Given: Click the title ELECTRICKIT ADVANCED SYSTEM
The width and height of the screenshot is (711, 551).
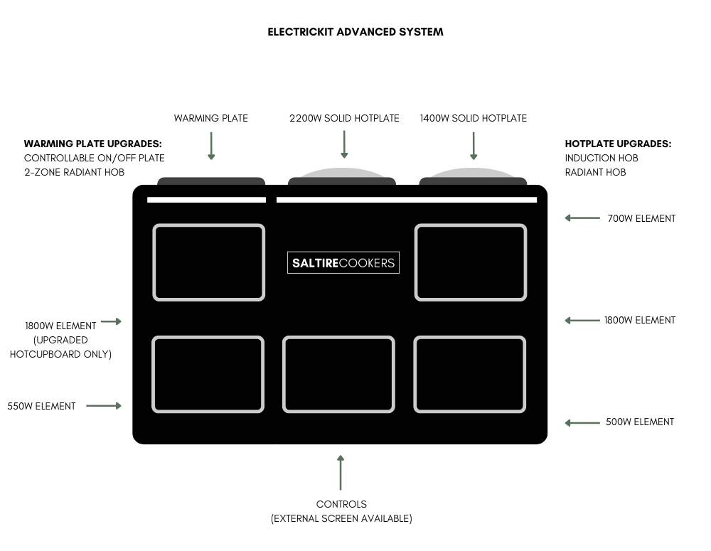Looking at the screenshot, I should (x=355, y=32).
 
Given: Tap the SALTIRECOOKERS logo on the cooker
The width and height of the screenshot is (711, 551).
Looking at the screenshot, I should (x=343, y=262).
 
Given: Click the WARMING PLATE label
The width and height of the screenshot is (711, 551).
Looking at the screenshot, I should (x=211, y=118).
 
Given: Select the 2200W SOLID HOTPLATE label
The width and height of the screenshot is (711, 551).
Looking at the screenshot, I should (x=344, y=118).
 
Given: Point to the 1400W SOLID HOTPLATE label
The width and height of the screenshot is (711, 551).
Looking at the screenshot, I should (x=474, y=118).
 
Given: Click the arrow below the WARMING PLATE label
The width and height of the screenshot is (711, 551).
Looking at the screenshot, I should (x=211, y=146).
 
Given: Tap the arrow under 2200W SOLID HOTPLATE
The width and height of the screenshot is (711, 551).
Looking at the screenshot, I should (x=344, y=144).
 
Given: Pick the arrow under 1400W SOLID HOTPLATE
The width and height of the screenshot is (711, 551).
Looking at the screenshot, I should (x=474, y=146).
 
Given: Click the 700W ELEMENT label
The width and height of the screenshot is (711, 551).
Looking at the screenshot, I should (x=641, y=218).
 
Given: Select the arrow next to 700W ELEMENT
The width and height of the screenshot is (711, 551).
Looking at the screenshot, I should (x=582, y=218).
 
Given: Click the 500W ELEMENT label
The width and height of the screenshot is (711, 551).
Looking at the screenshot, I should (x=640, y=422).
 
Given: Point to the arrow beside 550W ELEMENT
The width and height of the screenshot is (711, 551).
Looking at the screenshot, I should (x=104, y=406).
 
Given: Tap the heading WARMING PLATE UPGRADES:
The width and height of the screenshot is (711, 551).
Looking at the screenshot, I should (x=93, y=144).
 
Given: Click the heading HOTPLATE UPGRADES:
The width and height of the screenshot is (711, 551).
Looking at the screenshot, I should (x=618, y=144).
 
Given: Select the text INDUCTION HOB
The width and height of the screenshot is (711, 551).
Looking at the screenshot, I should (x=602, y=158).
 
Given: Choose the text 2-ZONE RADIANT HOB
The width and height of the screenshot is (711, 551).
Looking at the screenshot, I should (x=74, y=172).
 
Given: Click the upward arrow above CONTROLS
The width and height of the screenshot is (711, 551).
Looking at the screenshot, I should (x=341, y=472).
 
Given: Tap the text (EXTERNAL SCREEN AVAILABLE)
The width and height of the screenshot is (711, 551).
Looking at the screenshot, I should (x=341, y=518).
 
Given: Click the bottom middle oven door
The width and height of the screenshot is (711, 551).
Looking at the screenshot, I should (x=338, y=375).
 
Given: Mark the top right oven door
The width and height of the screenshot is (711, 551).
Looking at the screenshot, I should (x=471, y=262).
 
